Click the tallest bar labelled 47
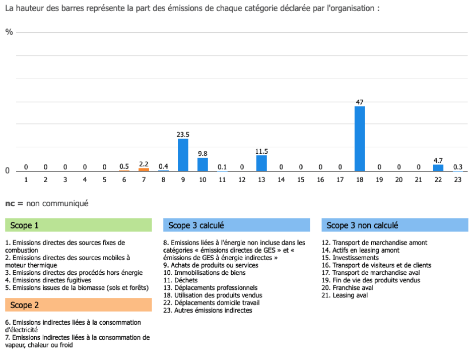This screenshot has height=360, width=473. (360, 139)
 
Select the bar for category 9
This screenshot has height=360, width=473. (183, 155)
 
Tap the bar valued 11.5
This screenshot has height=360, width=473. (261, 163)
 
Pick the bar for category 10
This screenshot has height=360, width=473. (202, 164)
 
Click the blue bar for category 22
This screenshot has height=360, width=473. (438, 168)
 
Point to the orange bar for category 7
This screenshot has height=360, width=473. (144, 169)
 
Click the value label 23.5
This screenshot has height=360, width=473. (183, 135)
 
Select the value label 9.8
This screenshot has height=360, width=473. (202, 154)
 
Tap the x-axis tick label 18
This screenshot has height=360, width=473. (360, 179)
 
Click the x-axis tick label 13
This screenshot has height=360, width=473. (261, 179)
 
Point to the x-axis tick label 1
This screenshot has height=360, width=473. (26, 179)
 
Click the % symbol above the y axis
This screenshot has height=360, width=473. (9, 32)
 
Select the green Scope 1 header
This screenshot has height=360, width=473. (79, 225)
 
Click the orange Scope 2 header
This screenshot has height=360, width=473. (79, 305)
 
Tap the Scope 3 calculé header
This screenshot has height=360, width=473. (236, 225)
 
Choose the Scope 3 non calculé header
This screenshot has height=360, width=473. (394, 225)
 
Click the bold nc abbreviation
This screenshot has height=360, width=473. (10, 203)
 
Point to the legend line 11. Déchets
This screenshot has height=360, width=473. (180, 280)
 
